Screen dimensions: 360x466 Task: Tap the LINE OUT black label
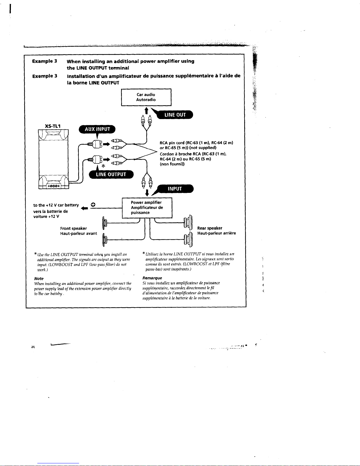175,115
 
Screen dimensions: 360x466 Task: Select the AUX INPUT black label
97,129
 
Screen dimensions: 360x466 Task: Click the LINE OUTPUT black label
111,174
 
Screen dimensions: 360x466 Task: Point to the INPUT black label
175,189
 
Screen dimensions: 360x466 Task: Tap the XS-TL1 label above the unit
53,126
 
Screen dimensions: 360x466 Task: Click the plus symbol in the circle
93,205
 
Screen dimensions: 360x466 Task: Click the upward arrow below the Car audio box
146,111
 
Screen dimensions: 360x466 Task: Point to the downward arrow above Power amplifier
147,193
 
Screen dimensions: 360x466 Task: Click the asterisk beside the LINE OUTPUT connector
103,166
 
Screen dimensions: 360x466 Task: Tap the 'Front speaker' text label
73,228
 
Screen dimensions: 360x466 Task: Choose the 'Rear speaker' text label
210,228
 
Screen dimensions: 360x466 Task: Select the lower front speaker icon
105,240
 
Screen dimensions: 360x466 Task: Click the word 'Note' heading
39,278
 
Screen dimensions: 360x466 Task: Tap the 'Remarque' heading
152,278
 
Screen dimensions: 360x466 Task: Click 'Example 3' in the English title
45,61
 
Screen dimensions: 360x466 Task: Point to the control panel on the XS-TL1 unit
53,186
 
